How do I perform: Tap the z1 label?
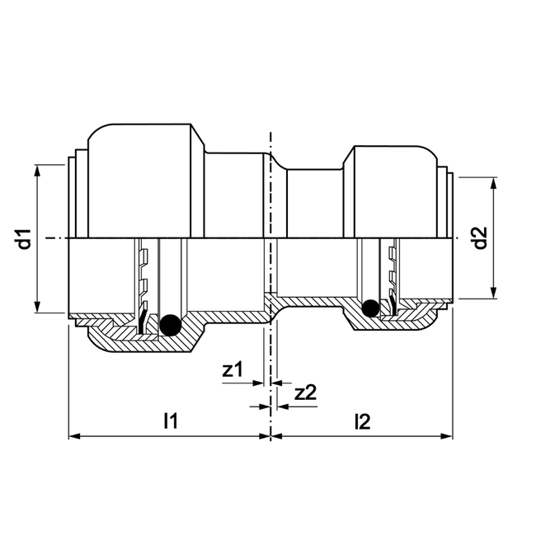pyautogui.click(x=232, y=370)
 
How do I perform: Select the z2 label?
pyautogui.click(x=305, y=393)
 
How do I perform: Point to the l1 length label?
pyautogui.click(x=171, y=422)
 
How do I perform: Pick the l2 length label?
pyautogui.click(x=361, y=422)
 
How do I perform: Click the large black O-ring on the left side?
pyautogui.click(x=171, y=327)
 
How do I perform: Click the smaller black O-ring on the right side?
pyautogui.click(x=371, y=308)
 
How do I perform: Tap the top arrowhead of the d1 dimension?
pyautogui.click(x=38, y=170)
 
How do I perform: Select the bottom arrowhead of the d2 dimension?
pyautogui.click(x=494, y=292)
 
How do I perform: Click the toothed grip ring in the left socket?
pyautogui.click(x=144, y=284)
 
